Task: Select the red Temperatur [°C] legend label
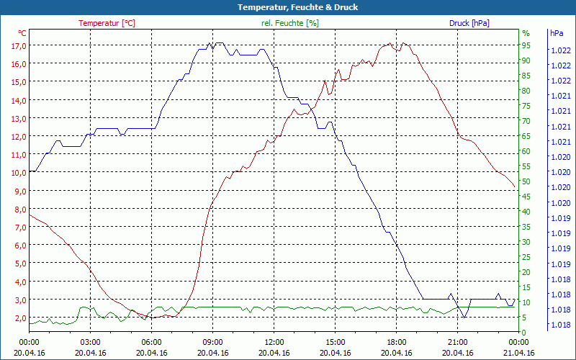pyautogui.click(x=107, y=23)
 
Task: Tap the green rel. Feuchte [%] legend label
pyautogui.click(x=290, y=23)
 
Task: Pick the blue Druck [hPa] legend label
pyautogui.click(x=469, y=23)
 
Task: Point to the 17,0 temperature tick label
pyautogui.click(x=19, y=45)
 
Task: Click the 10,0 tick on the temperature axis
pyautogui.click(x=19, y=173)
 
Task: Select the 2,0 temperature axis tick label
pyautogui.click(x=19, y=318)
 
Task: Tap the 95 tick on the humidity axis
pyautogui.click(x=526, y=45)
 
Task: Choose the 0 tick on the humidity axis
pyautogui.click(x=524, y=333)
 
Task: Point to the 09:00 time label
pyautogui.click(x=212, y=342)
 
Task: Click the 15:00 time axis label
pyautogui.click(x=335, y=342)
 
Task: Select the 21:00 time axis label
pyautogui.click(x=457, y=342)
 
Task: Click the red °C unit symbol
pyautogui.click(x=22, y=33)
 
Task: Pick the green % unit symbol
pyautogui.click(x=526, y=33)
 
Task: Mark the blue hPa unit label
pyautogui.click(x=557, y=33)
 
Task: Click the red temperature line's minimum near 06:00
pyautogui.click(x=149, y=318)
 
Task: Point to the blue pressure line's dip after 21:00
pyautogui.click(x=464, y=318)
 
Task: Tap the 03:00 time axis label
pyautogui.click(x=90, y=342)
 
